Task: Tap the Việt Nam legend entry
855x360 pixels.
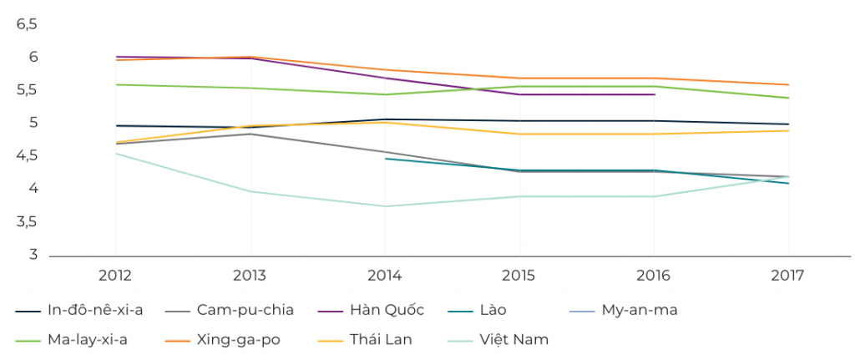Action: click(512, 340)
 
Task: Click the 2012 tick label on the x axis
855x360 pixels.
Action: click(115, 275)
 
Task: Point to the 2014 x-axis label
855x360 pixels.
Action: click(385, 275)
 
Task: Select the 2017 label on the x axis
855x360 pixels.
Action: click(789, 275)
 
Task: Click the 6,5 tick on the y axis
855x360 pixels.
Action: click(28, 24)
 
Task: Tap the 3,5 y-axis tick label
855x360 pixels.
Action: click(28, 222)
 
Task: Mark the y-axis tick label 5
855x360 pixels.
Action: click(34, 124)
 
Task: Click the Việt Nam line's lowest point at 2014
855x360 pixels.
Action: click(385, 206)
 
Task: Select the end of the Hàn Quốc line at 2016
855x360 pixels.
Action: click(655, 94)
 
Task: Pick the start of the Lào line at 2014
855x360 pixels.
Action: click(385, 158)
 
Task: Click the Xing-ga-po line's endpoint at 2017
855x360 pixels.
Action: click(789, 84)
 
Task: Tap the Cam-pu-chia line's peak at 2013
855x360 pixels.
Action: click(250, 134)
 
